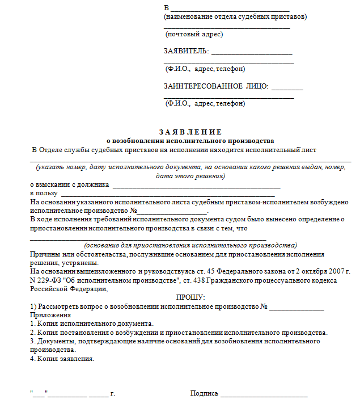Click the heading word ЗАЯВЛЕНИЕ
click(190, 132)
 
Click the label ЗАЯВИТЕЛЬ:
click(186, 52)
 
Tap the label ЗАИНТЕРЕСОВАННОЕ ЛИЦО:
click(216, 86)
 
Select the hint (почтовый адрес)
click(194, 34)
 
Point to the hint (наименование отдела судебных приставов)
click(235, 16)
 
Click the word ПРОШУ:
click(190, 297)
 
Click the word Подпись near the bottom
click(204, 393)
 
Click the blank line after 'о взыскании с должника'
click(197, 187)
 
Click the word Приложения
click(50, 314)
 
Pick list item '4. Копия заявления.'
click(62, 359)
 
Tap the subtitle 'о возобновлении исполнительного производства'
click(190, 140)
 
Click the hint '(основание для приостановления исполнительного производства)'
click(190, 245)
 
